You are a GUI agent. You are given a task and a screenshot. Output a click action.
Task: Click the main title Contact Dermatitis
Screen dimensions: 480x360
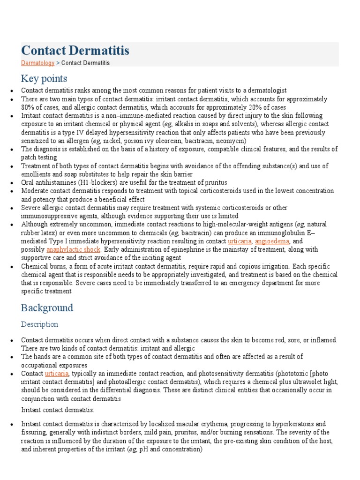click(x=75, y=51)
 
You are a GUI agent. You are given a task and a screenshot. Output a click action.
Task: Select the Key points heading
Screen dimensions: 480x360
click(x=44, y=78)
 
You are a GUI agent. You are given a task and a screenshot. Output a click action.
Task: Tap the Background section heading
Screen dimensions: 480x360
click(x=47, y=308)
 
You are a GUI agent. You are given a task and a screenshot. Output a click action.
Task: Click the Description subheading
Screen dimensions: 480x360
click(x=39, y=324)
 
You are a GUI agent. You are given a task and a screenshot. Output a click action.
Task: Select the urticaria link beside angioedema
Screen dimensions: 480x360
click(x=240, y=241)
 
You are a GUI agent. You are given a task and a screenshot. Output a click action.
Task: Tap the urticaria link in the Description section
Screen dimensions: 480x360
click(x=57, y=374)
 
